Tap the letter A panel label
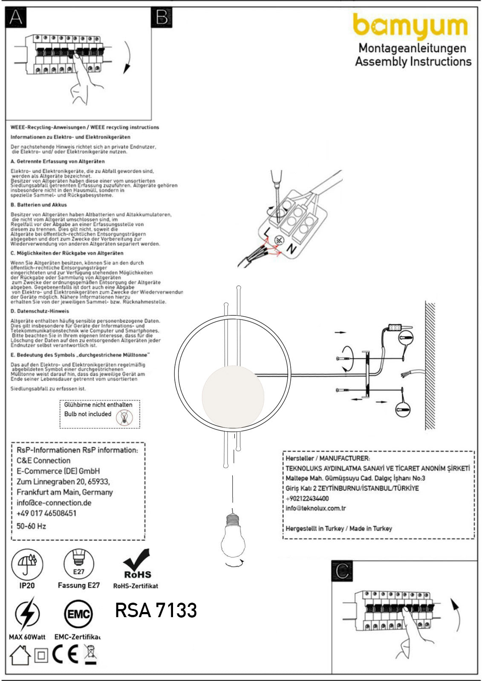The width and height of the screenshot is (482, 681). point(16,18)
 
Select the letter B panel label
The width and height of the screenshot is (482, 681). point(162,18)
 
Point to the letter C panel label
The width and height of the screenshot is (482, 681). point(342,571)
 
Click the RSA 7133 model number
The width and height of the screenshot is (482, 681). point(156,610)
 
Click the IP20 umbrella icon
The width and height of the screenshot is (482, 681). point(27,564)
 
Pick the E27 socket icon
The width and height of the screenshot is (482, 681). point(79,564)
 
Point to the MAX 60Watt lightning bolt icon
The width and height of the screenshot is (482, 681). point(27,614)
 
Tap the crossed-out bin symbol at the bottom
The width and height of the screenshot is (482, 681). point(90,655)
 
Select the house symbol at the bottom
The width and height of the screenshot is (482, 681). point(20,655)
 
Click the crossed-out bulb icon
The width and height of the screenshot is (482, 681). point(124,418)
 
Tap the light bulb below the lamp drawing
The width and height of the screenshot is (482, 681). point(233,537)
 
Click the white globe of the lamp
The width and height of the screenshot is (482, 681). point(233,396)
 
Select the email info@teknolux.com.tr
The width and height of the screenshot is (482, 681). point(316,508)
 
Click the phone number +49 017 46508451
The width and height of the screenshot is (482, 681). point(46,513)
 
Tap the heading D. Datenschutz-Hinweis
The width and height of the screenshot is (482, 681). point(40,311)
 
